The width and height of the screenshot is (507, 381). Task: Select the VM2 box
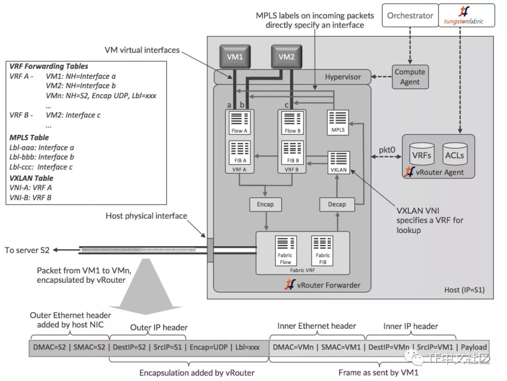pyautogui.click(x=286, y=57)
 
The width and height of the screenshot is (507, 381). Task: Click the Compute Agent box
pyautogui.click(x=409, y=77)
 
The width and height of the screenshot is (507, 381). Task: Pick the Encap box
pyautogui.click(x=265, y=204)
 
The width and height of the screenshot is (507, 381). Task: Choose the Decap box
pyautogui.click(x=337, y=204)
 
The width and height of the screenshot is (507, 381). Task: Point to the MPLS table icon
pyautogui.click(x=338, y=122)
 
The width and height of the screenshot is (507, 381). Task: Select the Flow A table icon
pyautogui.click(x=239, y=121)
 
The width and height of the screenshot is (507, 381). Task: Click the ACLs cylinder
pyautogui.click(x=454, y=154)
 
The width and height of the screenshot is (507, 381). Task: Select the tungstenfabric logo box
pyautogui.click(x=463, y=15)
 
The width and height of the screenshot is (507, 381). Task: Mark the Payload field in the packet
pyautogui.click(x=474, y=347)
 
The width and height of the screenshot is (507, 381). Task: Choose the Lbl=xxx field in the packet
pyautogui.click(x=247, y=347)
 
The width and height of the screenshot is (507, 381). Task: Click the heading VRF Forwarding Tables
pyautogui.click(x=49, y=66)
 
